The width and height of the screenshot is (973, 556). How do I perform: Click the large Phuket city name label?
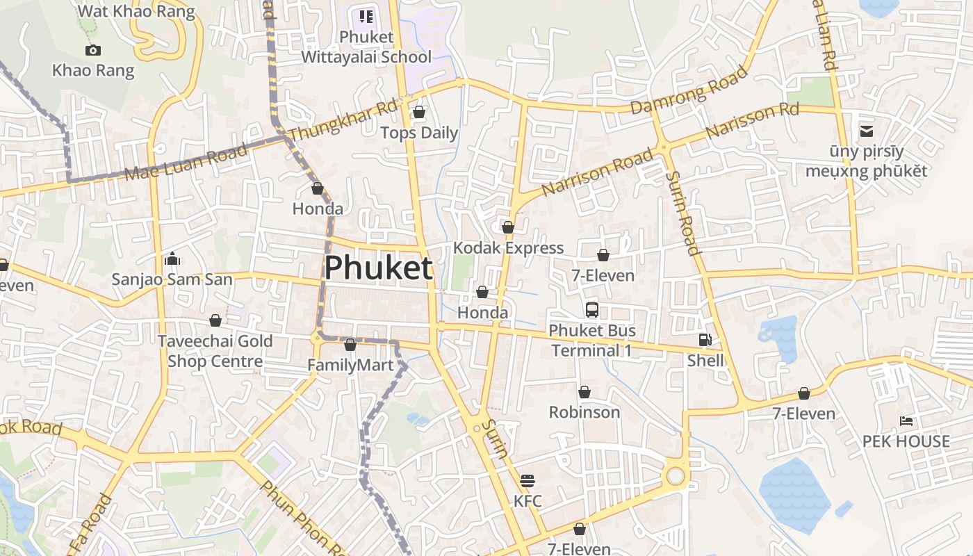pos(378,268)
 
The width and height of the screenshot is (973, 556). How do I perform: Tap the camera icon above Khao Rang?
pos(92,50)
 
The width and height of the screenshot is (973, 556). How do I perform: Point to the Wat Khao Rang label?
pos(136,11)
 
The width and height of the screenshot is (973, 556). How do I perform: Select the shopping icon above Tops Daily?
pos(419,112)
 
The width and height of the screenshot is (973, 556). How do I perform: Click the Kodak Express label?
pos(508,248)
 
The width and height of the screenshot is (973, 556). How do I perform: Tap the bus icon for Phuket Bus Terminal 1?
pos(592,310)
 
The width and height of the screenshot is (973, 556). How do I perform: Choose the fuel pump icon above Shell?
pos(705,340)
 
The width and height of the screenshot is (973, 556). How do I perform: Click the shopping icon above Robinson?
pos(584,392)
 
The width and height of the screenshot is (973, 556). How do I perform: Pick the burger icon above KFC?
pos(528,480)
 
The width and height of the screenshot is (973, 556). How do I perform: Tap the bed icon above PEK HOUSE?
pos(906,421)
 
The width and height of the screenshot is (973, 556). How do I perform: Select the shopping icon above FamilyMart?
pos(350,345)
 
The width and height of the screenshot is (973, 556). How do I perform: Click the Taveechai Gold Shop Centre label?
pos(215,351)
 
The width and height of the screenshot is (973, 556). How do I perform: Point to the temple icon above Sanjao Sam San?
pos(172,259)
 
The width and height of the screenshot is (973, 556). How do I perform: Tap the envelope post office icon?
pos(867,130)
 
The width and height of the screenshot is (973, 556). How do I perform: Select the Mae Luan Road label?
pos(186,162)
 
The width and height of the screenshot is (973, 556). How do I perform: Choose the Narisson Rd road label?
pos(752,120)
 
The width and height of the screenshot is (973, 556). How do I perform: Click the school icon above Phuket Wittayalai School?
pos(366,17)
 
